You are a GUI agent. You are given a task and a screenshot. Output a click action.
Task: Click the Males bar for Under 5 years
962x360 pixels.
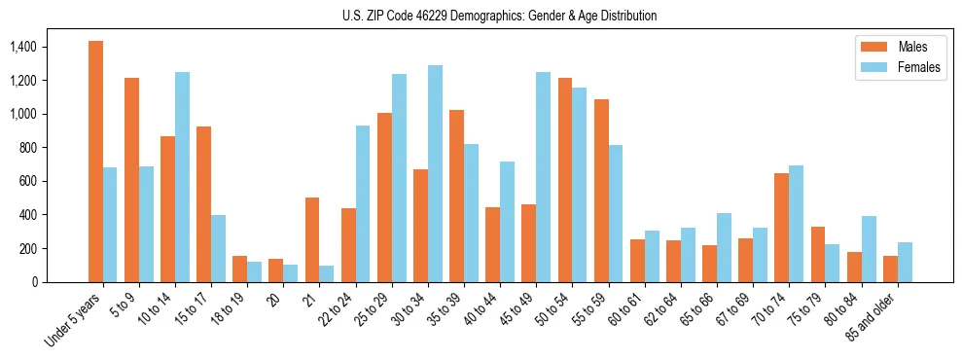click(95, 162)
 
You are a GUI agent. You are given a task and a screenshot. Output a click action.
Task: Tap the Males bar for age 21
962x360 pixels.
click(312, 239)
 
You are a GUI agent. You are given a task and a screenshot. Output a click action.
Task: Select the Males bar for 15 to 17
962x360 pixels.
click(204, 204)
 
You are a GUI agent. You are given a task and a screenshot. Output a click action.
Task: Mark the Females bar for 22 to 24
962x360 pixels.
click(363, 203)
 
